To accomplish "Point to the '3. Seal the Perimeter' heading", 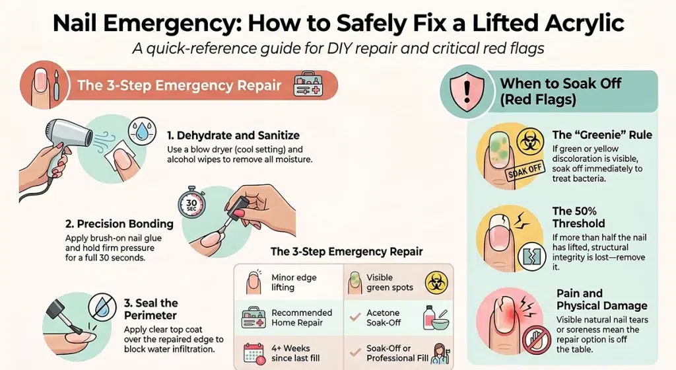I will coord(151,309).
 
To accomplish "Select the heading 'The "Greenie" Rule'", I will coord(602,135).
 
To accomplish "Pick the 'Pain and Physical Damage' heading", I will coord(601,299).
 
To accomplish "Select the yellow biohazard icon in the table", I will coord(434,281).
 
